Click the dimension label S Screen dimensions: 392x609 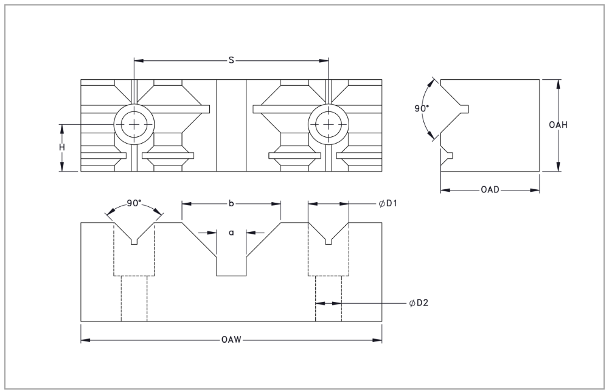[231, 60]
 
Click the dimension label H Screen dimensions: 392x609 [62, 147]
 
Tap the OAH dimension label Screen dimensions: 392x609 [559, 125]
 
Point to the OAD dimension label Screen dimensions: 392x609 [490, 191]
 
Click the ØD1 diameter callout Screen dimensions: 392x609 [388, 204]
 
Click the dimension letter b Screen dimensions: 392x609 [231, 204]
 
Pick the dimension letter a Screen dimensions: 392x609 [231, 232]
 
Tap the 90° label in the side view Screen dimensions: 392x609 [421, 108]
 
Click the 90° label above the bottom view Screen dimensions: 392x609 [134, 204]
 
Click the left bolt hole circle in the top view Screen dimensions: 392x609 [134, 124]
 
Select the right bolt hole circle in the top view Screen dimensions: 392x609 [329, 124]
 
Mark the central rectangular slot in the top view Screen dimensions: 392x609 [231, 125]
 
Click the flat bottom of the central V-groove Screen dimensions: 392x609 [231, 276]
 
